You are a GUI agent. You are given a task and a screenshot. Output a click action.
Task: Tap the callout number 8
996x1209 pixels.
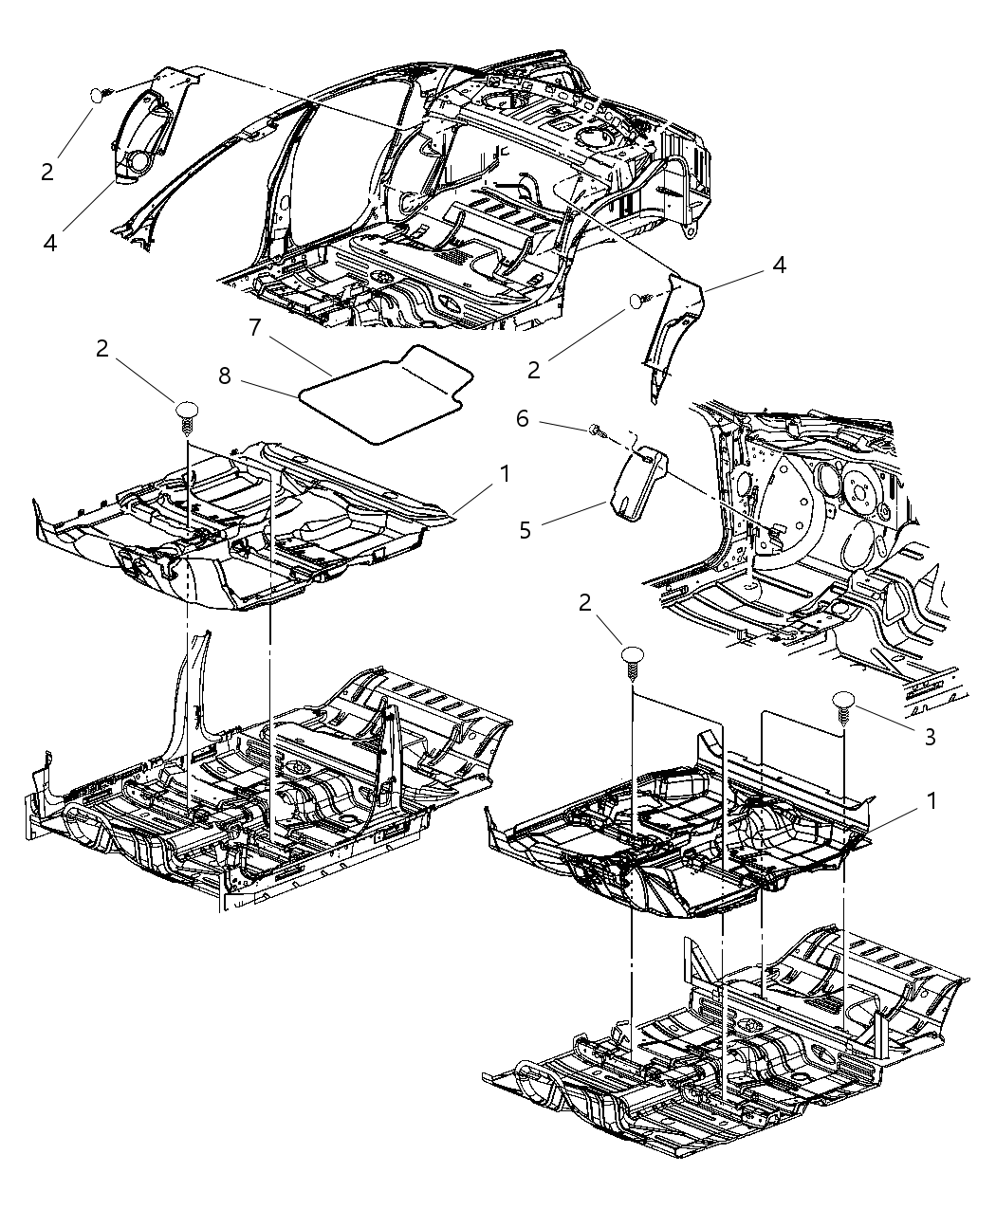point(225,376)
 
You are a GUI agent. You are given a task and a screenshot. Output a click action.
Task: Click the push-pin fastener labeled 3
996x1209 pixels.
point(844,704)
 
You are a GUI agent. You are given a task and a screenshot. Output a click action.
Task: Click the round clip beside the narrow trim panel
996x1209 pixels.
point(636,302)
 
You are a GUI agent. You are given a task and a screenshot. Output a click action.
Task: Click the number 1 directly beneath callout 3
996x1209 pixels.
point(931,801)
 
